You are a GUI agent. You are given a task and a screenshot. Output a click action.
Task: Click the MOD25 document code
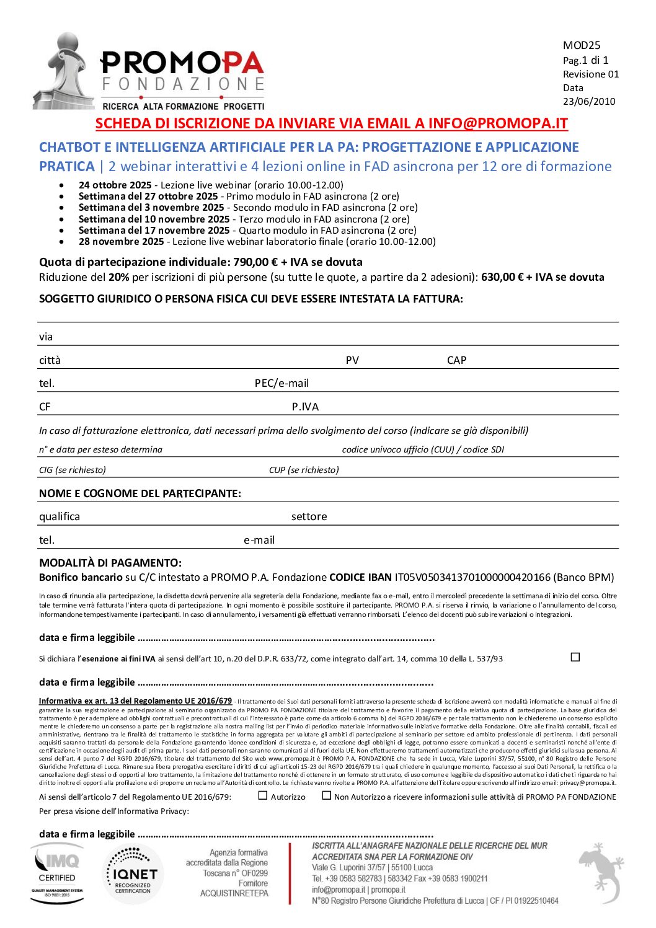pos(581,45)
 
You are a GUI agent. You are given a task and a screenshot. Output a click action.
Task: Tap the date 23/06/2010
pos(588,102)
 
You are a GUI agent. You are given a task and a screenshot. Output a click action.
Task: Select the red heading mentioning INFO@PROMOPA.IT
pos(331,123)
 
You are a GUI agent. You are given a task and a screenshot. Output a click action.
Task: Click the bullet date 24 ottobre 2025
pos(115,185)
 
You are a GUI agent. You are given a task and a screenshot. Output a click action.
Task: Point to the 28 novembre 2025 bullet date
pos(121,242)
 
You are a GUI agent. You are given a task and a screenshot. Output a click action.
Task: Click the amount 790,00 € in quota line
pos(255,262)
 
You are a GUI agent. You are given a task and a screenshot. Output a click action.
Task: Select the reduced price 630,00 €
pos(502,277)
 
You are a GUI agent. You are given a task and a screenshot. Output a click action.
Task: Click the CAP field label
pos(456,360)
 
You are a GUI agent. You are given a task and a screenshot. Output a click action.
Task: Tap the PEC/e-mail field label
pos(281,383)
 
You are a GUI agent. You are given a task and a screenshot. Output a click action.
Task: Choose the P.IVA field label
pos(305,407)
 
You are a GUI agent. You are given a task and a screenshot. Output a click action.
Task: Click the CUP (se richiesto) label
pos(304,470)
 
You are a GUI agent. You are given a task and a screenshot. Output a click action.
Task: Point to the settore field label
pos(309,516)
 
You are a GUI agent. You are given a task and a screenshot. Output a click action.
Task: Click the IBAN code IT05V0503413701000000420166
pos(472,577)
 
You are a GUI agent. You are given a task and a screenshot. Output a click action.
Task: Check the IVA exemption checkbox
pos(575,657)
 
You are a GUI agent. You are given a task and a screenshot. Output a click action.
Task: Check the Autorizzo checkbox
pos(263,795)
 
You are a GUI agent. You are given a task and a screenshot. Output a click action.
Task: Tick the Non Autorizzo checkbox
pos(327,795)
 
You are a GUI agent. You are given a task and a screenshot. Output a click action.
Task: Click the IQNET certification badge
pos(133,874)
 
